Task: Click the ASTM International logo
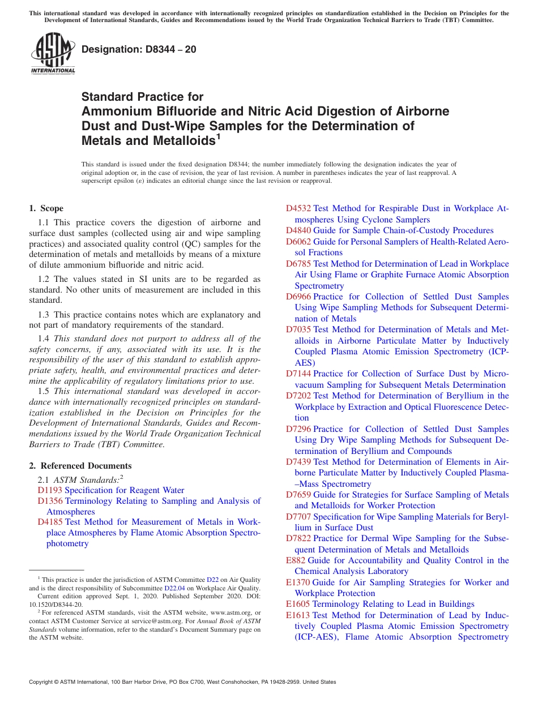(x=52, y=54)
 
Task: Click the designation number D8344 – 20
(x=139, y=49)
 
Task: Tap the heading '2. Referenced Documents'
(x=80, y=466)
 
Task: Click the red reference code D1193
(x=50, y=490)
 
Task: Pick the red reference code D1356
(x=50, y=501)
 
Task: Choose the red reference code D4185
(x=50, y=522)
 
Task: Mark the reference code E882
(x=296, y=560)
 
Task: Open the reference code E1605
(x=298, y=604)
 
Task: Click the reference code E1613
(x=298, y=615)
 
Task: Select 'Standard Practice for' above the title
(x=142, y=97)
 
